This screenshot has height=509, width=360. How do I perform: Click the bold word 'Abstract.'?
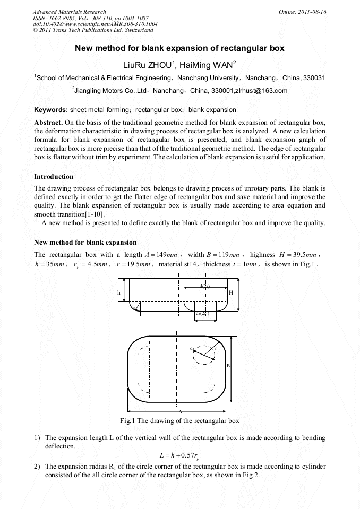click(48, 122)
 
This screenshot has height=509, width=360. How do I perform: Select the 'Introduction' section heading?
click(54, 176)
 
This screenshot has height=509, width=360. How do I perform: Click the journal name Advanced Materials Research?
click(69, 12)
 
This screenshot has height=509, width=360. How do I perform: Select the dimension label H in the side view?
click(230, 292)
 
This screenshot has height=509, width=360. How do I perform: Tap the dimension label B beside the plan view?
click(228, 366)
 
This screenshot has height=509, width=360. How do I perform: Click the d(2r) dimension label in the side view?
click(205, 286)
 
